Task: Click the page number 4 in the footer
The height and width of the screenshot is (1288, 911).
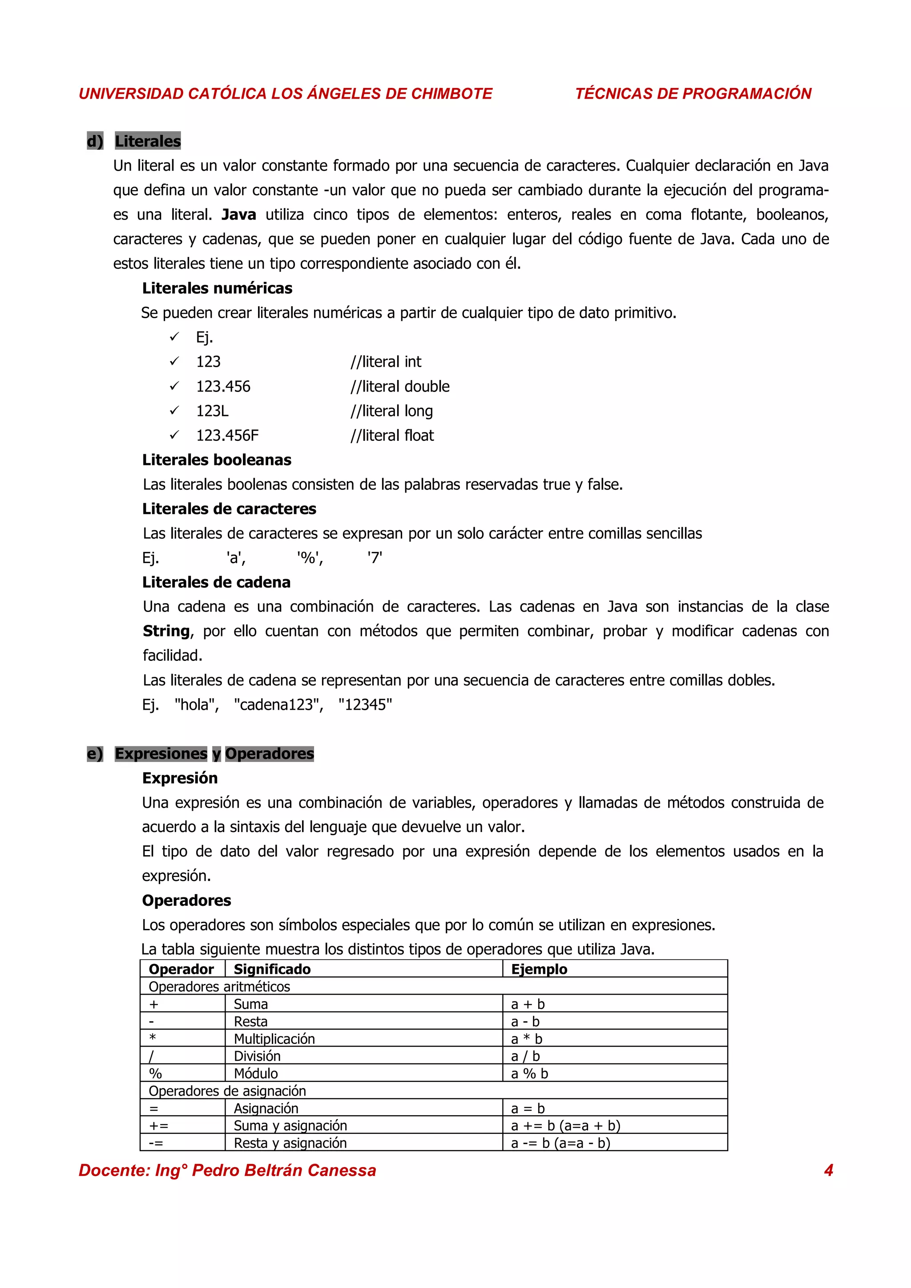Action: click(x=828, y=1170)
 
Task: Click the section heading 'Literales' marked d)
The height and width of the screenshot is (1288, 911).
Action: click(x=148, y=141)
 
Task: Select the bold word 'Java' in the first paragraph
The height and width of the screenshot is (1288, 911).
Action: click(x=238, y=214)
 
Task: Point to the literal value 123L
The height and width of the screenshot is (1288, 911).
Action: click(x=212, y=411)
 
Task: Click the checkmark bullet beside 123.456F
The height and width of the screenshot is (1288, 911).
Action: click(x=174, y=435)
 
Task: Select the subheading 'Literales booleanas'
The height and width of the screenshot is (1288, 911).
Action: click(x=217, y=460)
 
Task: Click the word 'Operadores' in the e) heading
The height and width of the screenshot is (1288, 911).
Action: click(x=270, y=753)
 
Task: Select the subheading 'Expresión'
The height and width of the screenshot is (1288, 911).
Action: click(x=180, y=778)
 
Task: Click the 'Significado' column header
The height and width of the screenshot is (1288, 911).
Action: click(x=272, y=969)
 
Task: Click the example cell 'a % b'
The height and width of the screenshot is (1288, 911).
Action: click(x=529, y=1073)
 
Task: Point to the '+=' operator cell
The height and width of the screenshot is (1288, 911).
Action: click(x=158, y=1125)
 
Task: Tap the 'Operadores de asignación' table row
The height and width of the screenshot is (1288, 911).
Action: click(x=227, y=1091)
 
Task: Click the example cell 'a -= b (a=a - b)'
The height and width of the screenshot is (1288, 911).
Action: click(x=560, y=1143)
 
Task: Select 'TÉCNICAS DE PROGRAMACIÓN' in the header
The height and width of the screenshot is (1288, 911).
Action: click(x=693, y=94)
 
